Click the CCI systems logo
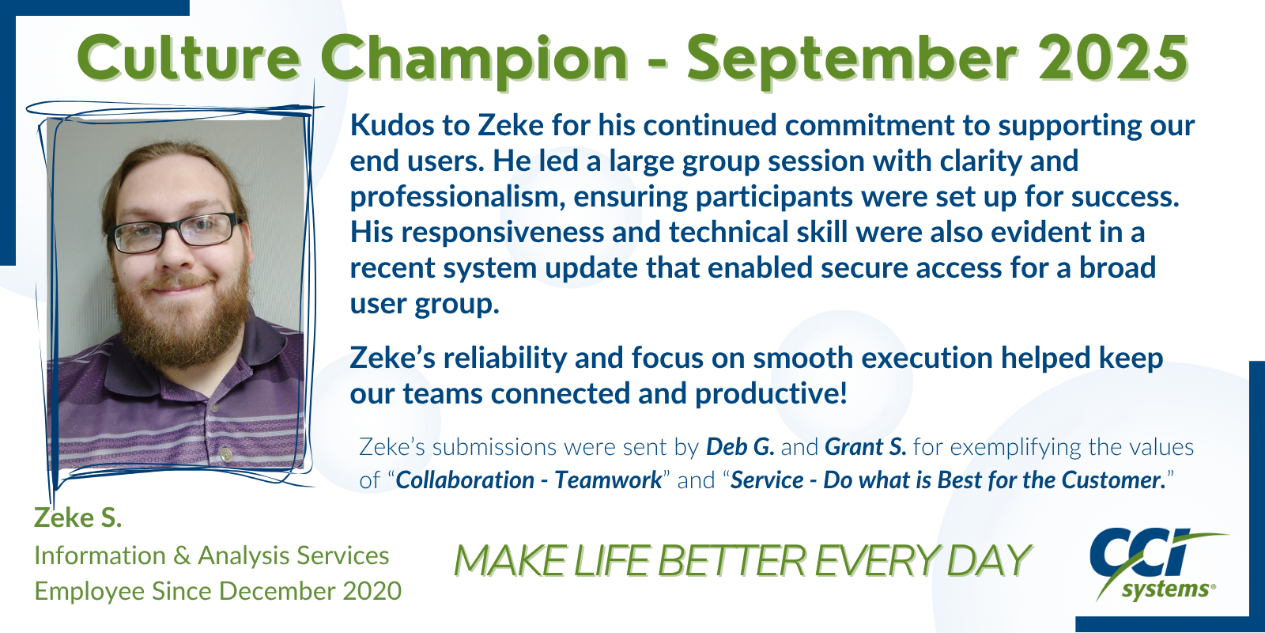(1157, 564)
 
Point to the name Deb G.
(740, 447)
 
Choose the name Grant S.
(865, 447)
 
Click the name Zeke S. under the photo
(78, 517)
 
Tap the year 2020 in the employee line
(372, 591)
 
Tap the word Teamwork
(608, 480)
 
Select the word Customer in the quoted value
(1114, 480)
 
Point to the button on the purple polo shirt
(226, 453)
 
